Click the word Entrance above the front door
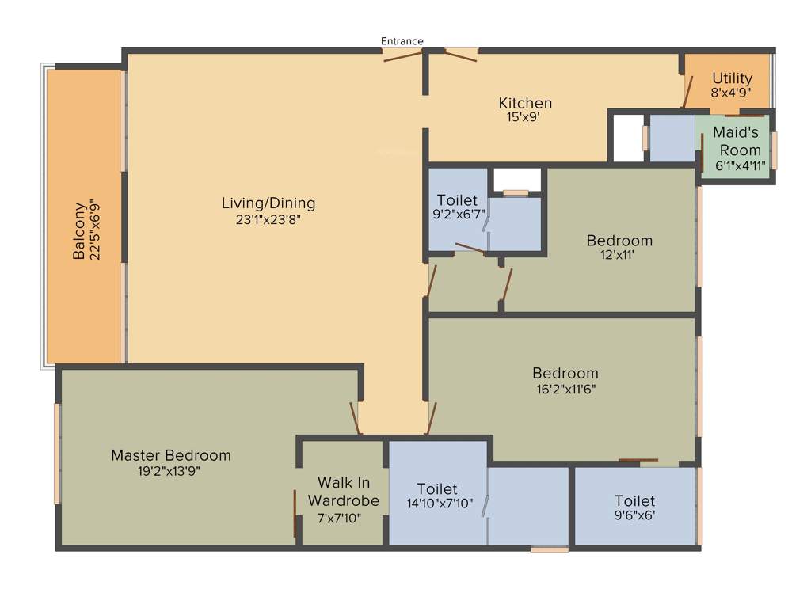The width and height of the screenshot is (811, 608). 402,41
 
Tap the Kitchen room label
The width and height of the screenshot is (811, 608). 525,103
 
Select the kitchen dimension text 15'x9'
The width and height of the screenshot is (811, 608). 524,117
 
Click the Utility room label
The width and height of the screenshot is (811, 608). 732,78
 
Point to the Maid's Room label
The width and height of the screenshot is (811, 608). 737,141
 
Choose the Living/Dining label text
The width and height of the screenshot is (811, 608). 268,203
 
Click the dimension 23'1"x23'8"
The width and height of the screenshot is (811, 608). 268,220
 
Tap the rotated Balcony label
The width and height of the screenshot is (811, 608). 79,231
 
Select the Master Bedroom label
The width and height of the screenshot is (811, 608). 171,455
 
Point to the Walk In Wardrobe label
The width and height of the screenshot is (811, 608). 344,492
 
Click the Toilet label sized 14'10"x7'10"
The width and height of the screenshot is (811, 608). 437,489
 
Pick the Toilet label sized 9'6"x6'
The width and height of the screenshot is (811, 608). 635,500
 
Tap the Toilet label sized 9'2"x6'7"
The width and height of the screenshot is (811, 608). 457,201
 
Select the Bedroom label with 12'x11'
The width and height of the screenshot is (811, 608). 619,241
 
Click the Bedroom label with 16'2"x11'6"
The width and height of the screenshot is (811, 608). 565,373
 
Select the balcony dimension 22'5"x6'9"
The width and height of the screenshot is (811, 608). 97,231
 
